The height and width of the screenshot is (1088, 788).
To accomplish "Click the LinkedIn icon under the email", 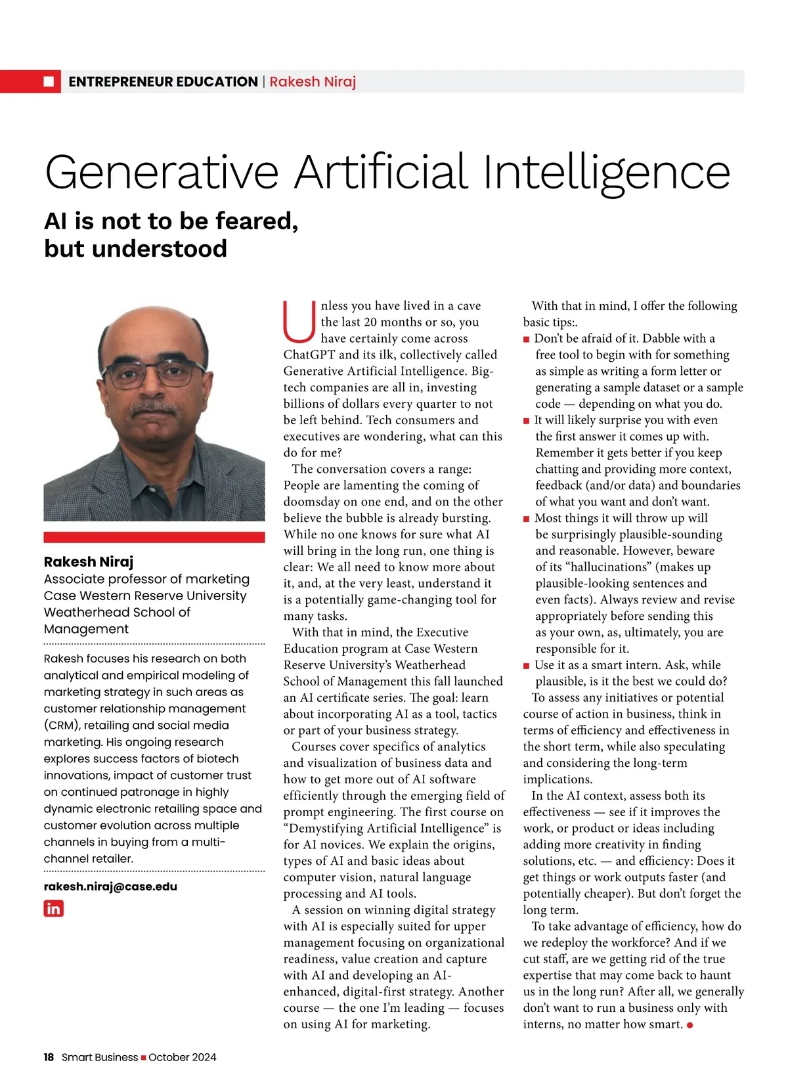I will pos(53,909).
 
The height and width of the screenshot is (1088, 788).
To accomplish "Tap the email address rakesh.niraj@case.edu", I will pos(110,886).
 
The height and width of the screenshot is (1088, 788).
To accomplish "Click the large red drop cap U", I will pos(299,322).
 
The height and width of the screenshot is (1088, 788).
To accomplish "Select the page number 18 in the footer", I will pos(49,1057).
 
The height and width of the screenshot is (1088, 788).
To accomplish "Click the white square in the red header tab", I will pos(49,81).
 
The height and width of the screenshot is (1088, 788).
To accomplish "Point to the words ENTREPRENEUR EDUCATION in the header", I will pos(163,81).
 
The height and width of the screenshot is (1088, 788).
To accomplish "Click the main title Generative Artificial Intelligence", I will pos(387,172).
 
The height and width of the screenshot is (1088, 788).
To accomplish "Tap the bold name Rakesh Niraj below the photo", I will pos(89,561).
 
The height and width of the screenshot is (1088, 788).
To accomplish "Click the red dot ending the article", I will pos(689,1026).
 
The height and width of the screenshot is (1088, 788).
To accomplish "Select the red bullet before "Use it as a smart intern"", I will pos(526,666).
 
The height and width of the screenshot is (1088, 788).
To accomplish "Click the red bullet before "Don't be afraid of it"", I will pos(526,339).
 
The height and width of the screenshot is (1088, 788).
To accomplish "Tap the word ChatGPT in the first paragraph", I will pos(309,355).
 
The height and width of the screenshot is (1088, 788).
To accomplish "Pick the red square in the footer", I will pos(143,1057).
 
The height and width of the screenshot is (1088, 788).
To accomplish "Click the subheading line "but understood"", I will pos(135,249).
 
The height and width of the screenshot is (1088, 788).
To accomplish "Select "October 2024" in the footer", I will pos(182,1057).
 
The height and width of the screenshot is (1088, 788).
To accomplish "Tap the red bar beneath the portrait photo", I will pos(154,537).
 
